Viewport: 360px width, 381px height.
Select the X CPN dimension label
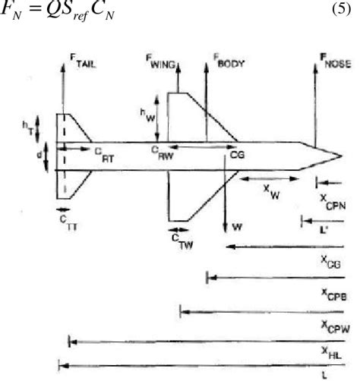click(x=333, y=200)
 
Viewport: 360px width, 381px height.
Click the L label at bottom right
click(x=324, y=374)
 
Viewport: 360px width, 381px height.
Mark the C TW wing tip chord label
click(x=179, y=240)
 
